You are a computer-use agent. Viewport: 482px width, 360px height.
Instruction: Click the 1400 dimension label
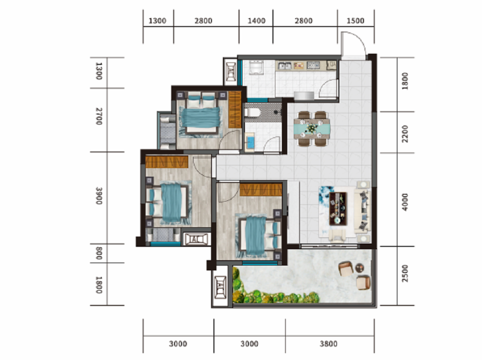point(256,21)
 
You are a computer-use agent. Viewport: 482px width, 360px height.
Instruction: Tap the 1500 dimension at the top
point(355,21)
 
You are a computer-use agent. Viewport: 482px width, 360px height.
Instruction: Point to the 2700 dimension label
point(98,116)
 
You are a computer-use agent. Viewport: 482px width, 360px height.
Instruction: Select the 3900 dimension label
point(98,196)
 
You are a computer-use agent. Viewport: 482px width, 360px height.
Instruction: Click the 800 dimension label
point(98,253)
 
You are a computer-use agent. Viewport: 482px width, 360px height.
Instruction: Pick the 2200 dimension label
point(405,134)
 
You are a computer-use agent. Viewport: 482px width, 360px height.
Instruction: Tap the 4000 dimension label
point(405,202)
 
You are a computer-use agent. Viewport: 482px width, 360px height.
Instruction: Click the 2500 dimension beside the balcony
point(405,273)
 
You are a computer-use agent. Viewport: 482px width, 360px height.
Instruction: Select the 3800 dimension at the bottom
point(329,344)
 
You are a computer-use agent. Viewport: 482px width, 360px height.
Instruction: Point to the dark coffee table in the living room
point(338,209)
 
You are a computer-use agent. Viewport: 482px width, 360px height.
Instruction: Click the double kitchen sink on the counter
point(285,65)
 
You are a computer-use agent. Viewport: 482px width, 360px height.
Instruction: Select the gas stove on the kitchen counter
point(313,65)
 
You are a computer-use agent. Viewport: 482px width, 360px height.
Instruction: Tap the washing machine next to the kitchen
point(256,68)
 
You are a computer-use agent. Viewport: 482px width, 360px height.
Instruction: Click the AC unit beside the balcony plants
point(220,287)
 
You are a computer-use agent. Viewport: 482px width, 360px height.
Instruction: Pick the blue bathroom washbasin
point(250,142)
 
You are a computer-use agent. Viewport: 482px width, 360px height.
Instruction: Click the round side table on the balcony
point(360,268)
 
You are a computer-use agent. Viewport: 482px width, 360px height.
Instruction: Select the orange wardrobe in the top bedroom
point(235,109)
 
